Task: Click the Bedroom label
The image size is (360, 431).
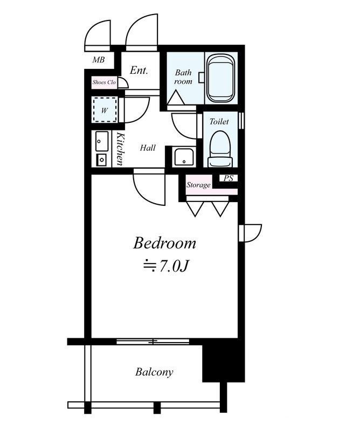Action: click(164, 244)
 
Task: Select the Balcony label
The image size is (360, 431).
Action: click(154, 372)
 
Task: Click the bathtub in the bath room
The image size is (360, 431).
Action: click(221, 78)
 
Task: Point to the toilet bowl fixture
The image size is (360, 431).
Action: click(220, 149)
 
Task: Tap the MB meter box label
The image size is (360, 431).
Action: click(99, 59)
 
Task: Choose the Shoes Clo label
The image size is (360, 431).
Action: click(104, 82)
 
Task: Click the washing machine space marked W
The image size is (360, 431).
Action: click(105, 110)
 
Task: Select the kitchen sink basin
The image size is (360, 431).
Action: click(102, 141)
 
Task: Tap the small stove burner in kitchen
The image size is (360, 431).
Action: click(102, 159)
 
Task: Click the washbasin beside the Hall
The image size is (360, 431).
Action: click(184, 157)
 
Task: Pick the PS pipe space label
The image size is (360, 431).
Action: click(229, 178)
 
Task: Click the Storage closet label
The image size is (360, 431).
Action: click(198, 185)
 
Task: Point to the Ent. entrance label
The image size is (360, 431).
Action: click(139, 70)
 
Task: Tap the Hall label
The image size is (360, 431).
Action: click(148, 148)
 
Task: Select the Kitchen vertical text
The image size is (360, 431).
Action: click(120, 149)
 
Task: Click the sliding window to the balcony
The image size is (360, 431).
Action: click(153, 342)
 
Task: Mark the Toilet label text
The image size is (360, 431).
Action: click(219, 121)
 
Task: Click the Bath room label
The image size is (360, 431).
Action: click(183, 77)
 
